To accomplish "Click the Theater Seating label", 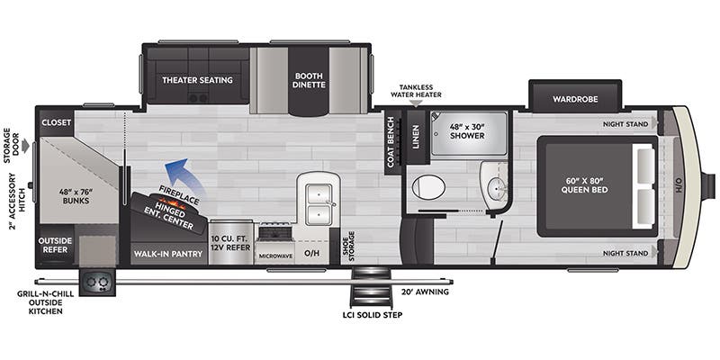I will pyautogui.click(x=197, y=80).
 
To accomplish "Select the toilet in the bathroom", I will pyautogui.click(x=429, y=187).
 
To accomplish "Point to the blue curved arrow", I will pyautogui.click(x=185, y=175).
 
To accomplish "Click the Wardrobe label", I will pyautogui.click(x=575, y=98).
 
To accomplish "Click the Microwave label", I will pyautogui.click(x=277, y=255).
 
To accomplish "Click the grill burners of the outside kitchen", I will pyautogui.click(x=97, y=283).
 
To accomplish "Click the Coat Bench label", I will pyautogui.click(x=391, y=143).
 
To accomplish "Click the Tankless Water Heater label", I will pyautogui.click(x=415, y=91).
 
